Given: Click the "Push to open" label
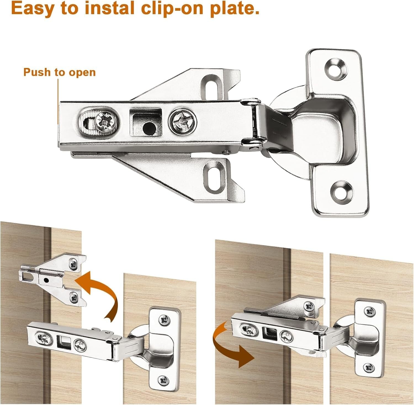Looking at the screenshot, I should coord(59,72).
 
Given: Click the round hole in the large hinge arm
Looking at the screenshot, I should coord(149,128).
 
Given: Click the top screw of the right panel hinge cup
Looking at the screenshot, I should coord(369,312).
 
